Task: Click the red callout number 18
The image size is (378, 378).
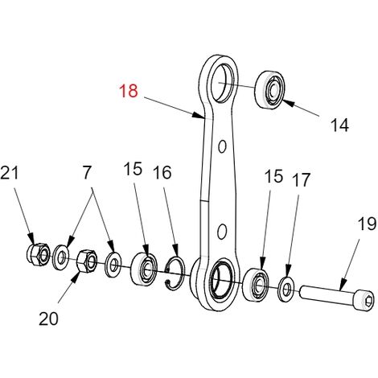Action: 129,91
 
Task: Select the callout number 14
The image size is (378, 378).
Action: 339,125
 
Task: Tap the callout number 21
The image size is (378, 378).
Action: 10,172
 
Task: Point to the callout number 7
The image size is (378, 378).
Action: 87,172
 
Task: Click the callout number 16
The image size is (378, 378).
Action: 162,172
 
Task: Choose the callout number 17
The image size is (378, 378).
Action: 302,179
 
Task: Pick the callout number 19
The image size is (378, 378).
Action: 368,224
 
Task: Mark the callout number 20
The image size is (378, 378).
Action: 48,318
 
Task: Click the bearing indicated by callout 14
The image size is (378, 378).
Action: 269,90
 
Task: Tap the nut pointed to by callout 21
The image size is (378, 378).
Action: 39,254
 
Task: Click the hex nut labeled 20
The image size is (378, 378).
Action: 87,261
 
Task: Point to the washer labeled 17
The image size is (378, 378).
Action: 286,289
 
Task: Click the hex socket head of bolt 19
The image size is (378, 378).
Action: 368,301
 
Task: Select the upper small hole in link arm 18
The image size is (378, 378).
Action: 222,146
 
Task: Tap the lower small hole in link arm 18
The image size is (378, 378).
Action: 222,232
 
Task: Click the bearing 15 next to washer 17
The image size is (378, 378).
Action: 256,284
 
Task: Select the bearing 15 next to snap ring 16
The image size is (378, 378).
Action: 144,269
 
